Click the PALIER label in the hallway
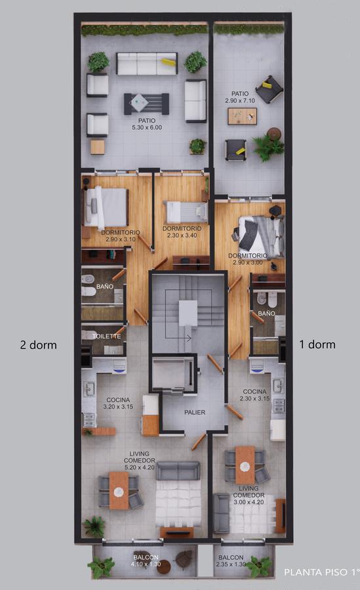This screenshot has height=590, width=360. click(195, 412)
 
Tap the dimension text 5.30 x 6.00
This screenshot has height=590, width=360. click(147, 128)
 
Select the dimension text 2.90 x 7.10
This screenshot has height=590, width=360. click(240, 100)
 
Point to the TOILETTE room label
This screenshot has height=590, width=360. click(107, 336)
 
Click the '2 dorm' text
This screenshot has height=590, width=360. click(39, 345)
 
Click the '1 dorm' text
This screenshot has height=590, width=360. click(317, 344)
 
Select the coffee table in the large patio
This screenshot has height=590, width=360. click(146, 104)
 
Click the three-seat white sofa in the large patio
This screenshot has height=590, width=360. click(146, 64)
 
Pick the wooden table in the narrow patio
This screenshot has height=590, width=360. click(242, 116)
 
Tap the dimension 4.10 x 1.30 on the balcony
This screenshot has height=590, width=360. click(146, 564)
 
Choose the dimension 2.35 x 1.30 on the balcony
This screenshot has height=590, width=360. click(231, 564)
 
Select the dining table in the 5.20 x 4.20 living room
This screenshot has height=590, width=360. click(119, 490)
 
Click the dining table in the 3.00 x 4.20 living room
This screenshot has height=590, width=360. click(245, 465)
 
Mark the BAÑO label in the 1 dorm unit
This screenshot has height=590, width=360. click(266, 313)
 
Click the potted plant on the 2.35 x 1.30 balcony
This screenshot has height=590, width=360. click(260, 566)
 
